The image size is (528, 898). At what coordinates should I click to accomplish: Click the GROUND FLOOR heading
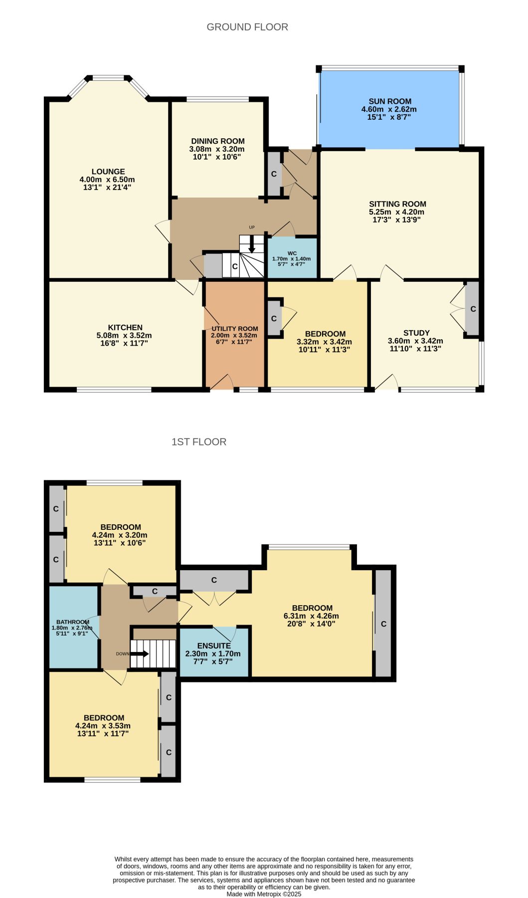point(247,27)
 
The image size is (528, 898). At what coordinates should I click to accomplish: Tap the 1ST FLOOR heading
point(199,442)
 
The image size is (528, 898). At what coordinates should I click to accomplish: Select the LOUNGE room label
point(108,172)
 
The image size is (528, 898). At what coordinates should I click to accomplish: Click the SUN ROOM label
point(390,101)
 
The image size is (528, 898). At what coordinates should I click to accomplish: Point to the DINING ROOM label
point(218,141)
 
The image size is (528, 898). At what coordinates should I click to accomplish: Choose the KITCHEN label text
point(126,328)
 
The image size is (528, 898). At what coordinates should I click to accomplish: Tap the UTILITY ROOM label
point(235,329)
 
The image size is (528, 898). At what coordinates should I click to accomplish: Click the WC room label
point(292,253)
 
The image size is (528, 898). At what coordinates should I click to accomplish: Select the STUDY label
point(416,333)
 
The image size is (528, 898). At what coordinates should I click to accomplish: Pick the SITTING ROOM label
point(398,204)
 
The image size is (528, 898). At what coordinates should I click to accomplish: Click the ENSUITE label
point(214,646)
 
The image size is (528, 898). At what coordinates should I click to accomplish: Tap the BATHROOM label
point(73,622)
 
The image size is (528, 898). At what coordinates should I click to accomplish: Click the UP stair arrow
point(252,243)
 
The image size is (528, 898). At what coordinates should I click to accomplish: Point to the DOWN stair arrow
point(139,654)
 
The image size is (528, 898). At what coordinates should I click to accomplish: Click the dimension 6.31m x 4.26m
point(312,616)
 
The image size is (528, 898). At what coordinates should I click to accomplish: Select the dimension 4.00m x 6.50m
point(107,180)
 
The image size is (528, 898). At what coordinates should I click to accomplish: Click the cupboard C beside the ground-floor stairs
point(235,267)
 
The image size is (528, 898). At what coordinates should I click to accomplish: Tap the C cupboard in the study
point(473,309)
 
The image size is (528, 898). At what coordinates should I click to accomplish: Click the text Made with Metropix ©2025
point(264,894)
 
